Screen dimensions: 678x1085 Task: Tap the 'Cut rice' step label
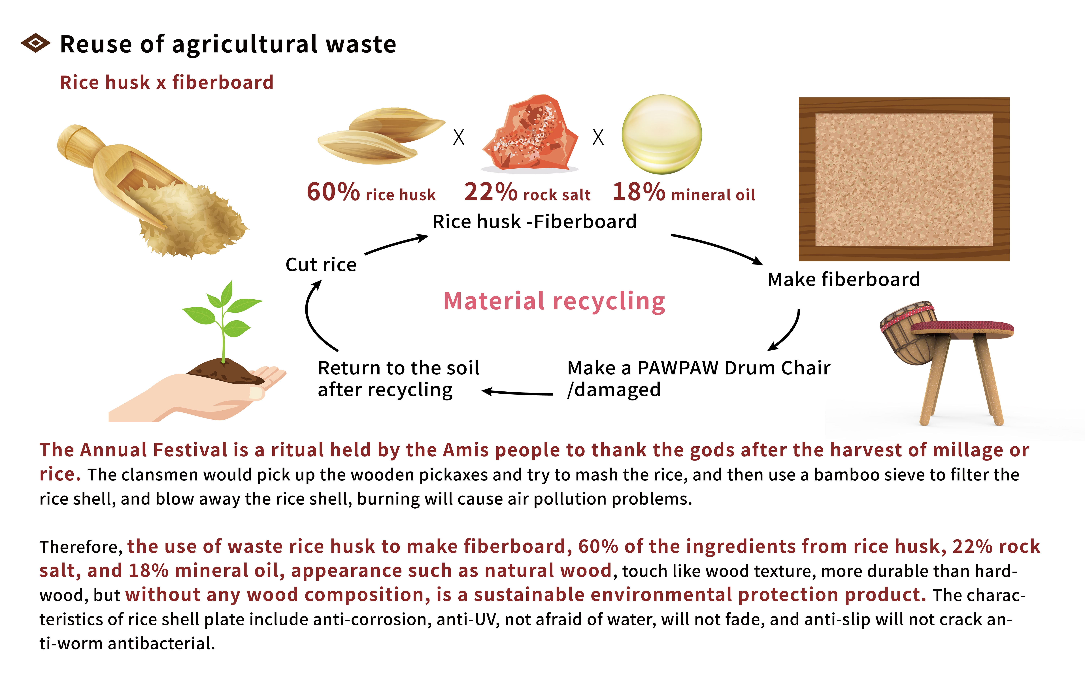tap(321, 265)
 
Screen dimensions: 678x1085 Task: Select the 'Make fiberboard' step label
tap(844, 279)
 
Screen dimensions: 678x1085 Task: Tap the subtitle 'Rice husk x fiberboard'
tap(166, 82)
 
